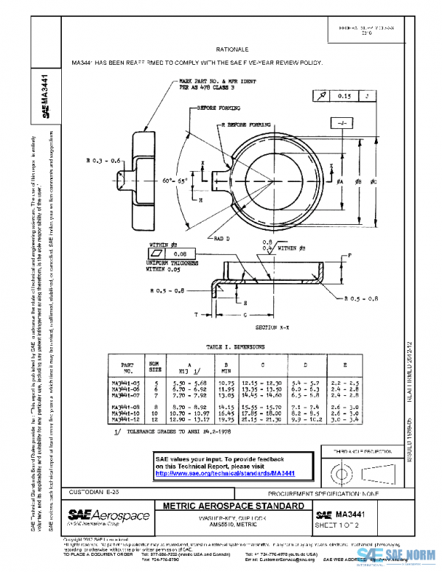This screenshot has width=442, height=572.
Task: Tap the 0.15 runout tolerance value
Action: click(x=344, y=96)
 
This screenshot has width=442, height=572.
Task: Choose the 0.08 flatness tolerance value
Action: click(x=180, y=252)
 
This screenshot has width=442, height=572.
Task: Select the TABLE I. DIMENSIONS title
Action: click(x=236, y=346)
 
